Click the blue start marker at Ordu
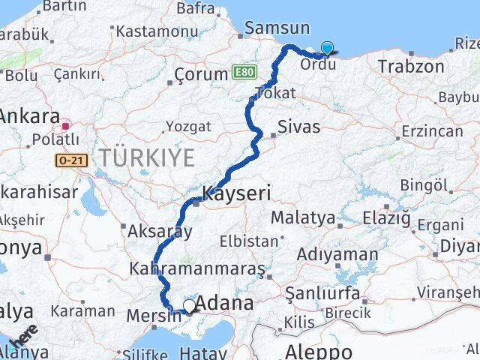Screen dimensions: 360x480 327,48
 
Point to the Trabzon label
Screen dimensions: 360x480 411,66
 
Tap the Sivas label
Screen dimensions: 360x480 298,125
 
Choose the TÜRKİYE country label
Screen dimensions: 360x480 148,157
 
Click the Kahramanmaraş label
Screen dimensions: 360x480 197,268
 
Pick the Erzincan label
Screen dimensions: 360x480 432,131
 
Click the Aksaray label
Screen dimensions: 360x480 160,231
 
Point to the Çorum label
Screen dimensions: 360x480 200,74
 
